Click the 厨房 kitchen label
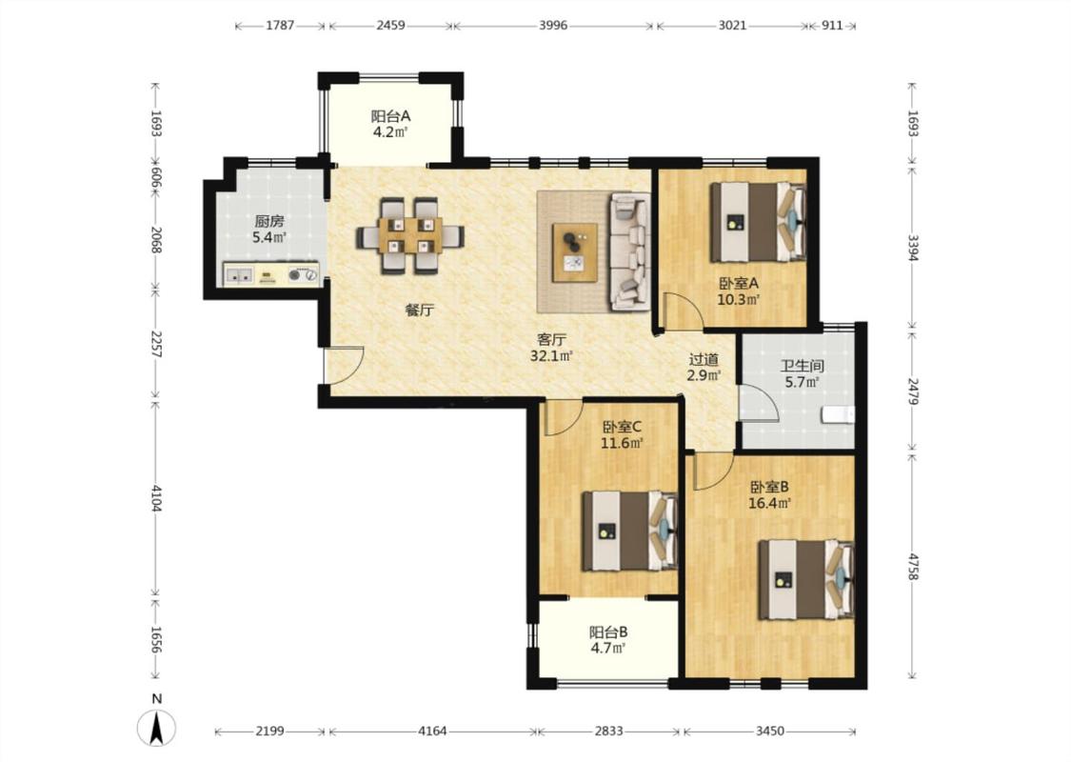pyautogui.click(x=269, y=221)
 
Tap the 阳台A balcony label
pyautogui.click(x=390, y=116)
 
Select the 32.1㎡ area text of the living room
pyautogui.click(x=551, y=355)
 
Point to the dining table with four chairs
pyautogui.click(x=409, y=236)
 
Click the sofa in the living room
pyautogui.click(x=630, y=251)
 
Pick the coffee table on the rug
pyautogui.click(x=575, y=251)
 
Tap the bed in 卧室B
pyautogui.click(x=806, y=579)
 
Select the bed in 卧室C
pyautogui.click(x=629, y=531)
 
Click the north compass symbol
pyautogui.click(x=157, y=727)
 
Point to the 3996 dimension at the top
pyautogui.click(x=553, y=26)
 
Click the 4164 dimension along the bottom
pyautogui.click(x=432, y=732)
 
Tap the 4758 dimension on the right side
pyautogui.click(x=913, y=565)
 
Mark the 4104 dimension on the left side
pyautogui.click(x=156, y=499)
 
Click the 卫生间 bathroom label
pyautogui.click(x=803, y=367)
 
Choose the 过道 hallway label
pyautogui.click(x=704, y=359)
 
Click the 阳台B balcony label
pyautogui.click(x=608, y=632)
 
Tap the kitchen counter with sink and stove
pyautogui.click(x=271, y=274)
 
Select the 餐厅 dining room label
pyautogui.click(x=420, y=311)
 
